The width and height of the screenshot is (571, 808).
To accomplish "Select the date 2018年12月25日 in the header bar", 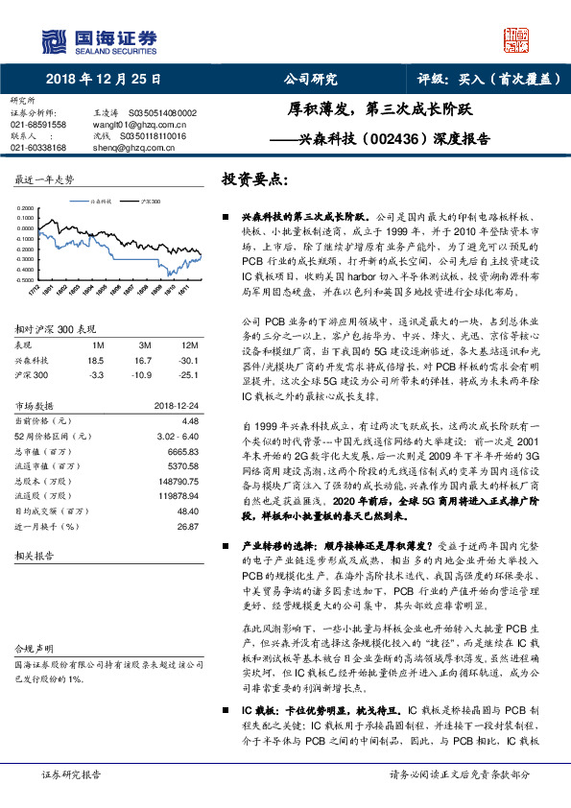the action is point(102,80).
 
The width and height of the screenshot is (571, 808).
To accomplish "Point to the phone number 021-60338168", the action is point(38,148).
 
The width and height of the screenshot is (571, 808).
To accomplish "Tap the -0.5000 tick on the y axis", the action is point(29,281).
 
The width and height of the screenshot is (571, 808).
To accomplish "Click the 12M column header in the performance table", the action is point(188,343).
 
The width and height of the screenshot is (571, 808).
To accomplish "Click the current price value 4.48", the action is point(188,420).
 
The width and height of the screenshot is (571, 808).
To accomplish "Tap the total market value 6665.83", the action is point(182,450).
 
